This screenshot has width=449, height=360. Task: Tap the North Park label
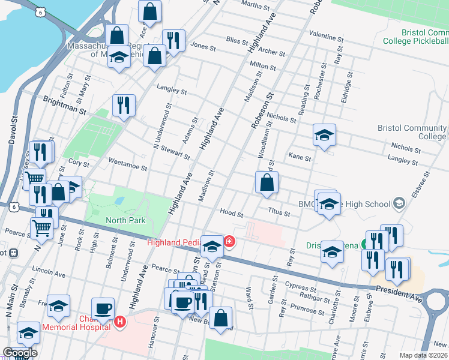click(x=125, y=220)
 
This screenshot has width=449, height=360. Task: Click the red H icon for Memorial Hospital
click(x=120, y=322)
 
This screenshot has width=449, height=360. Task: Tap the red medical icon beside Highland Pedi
click(x=229, y=242)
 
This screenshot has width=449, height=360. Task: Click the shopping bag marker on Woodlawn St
click(x=267, y=183)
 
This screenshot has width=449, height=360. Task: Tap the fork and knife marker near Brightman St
click(x=124, y=106)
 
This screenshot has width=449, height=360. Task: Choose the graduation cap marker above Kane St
click(x=324, y=135)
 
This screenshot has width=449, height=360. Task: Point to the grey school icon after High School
click(x=398, y=204)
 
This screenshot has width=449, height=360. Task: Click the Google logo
click(x=20, y=353)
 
